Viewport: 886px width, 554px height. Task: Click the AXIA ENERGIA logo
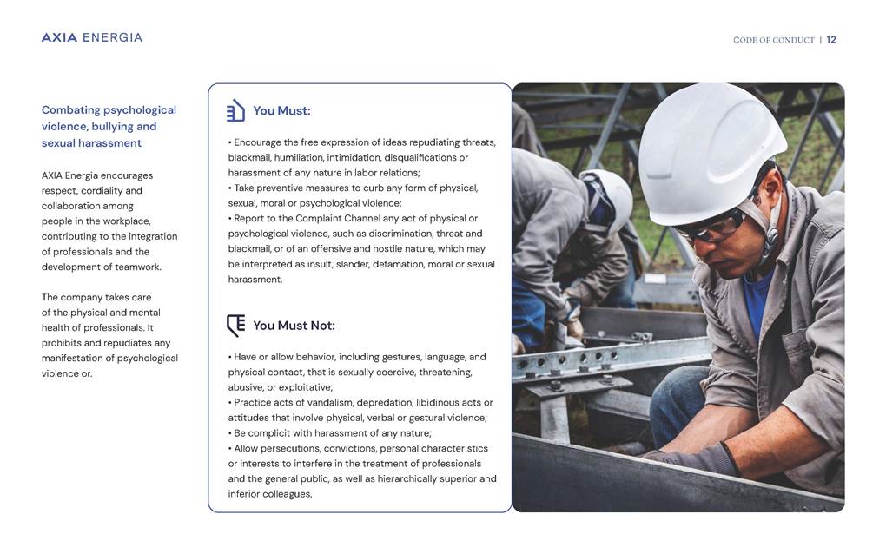pos(91,37)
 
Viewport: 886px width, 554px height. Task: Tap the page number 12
pos(831,40)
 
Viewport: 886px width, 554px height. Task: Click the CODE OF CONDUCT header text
pos(774,40)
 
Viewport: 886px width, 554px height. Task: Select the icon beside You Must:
pos(235,110)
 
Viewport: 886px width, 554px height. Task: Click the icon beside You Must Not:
pos(235,326)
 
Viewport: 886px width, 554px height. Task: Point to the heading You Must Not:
pos(294,326)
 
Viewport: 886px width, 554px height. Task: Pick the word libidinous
pos(437,402)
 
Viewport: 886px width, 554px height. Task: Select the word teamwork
pos(137,267)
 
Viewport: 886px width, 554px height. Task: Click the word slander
pos(351,264)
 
